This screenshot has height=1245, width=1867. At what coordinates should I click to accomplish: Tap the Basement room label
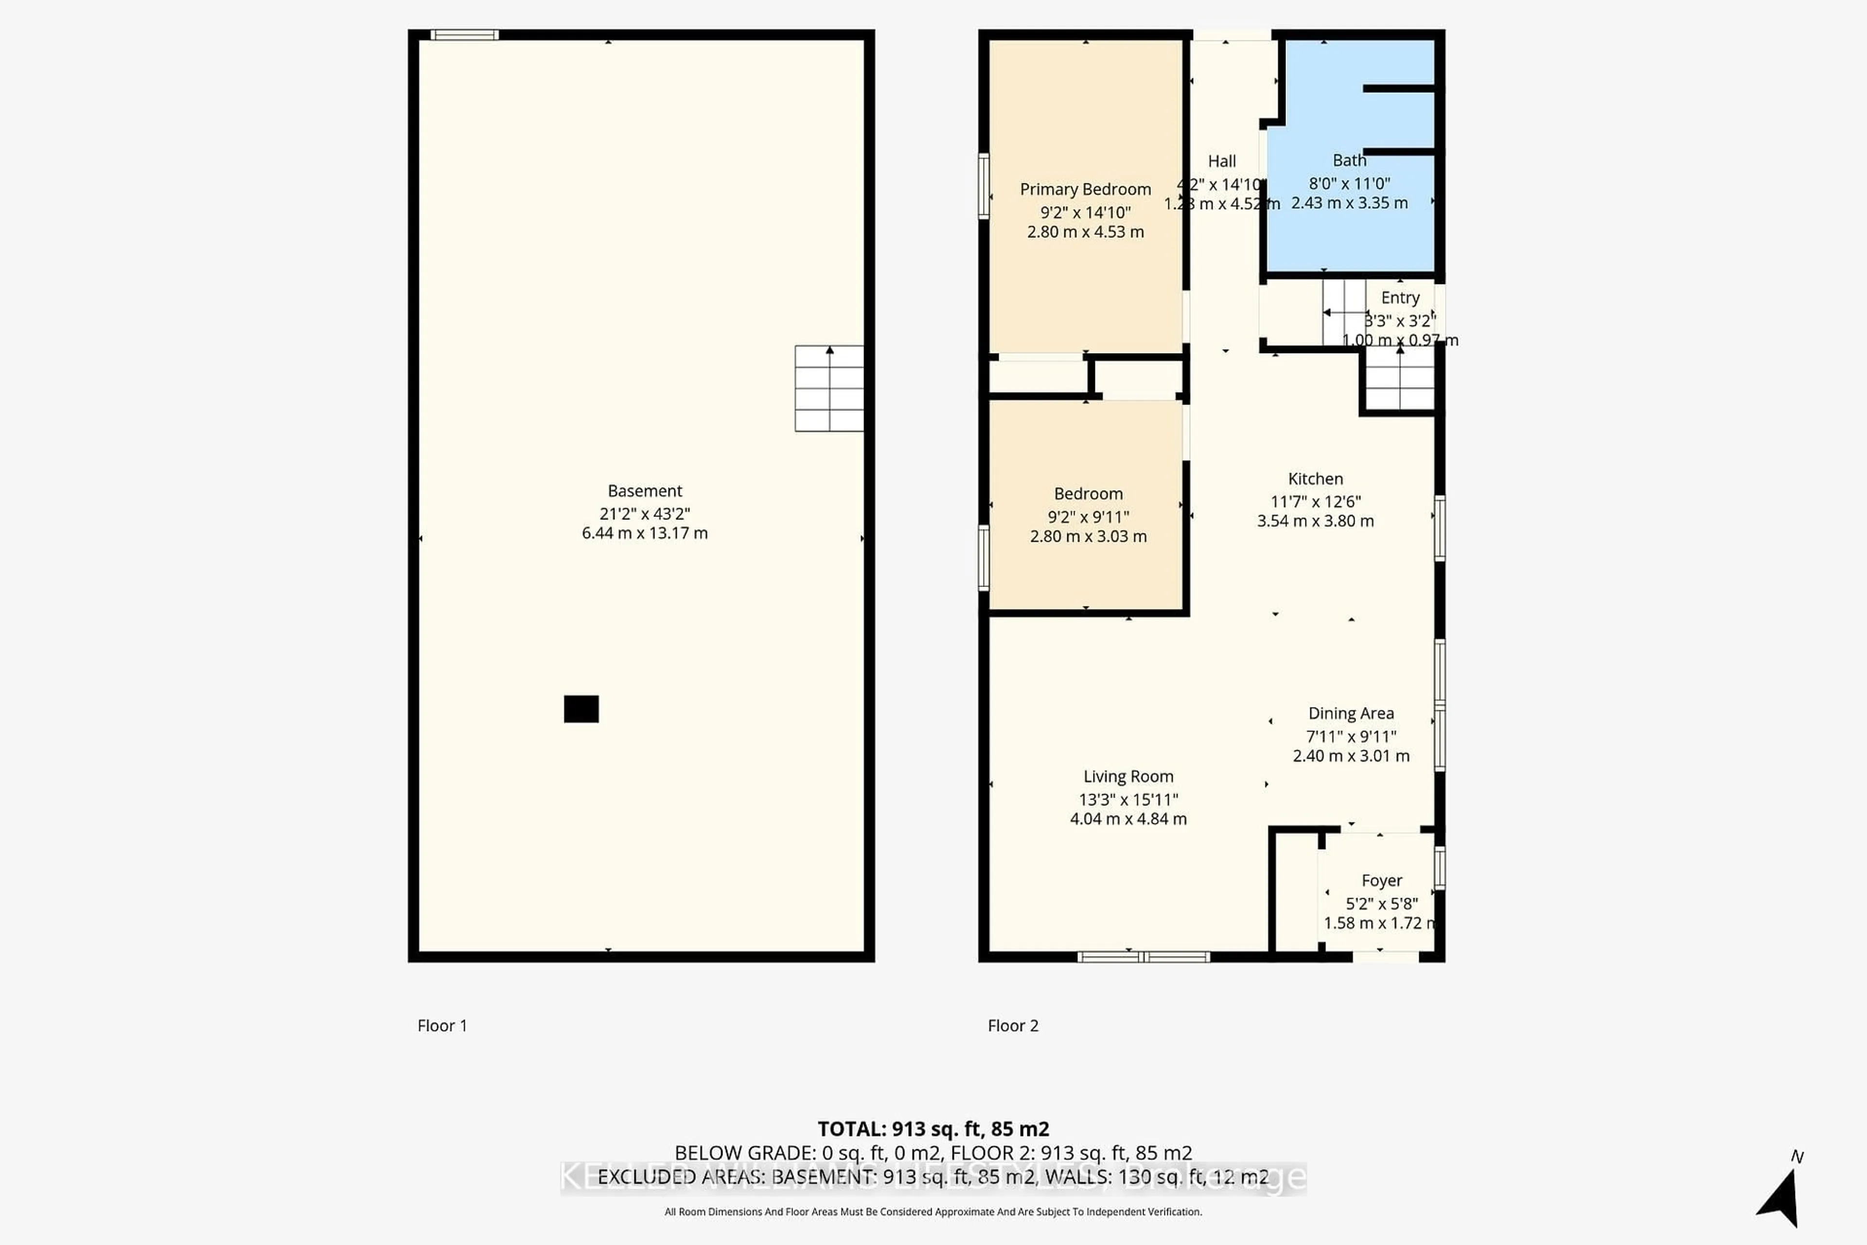coord(645,491)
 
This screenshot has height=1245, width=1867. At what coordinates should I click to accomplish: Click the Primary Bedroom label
coord(1085,189)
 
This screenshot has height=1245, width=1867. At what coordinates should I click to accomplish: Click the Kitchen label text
coord(1315,479)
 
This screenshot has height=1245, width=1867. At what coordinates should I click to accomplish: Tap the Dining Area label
coord(1351,713)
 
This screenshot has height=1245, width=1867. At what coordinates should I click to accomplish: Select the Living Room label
coord(1128,777)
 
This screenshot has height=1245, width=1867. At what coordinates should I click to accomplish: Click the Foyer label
coord(1381,881)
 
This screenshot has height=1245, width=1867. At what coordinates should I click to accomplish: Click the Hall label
coord(1222,161)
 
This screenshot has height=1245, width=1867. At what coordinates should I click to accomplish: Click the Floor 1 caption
coord(442,1026)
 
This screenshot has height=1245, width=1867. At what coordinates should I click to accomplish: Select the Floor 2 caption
coord(1013,1026)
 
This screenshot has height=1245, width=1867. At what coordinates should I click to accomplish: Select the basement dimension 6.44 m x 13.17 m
coord(645,534)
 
